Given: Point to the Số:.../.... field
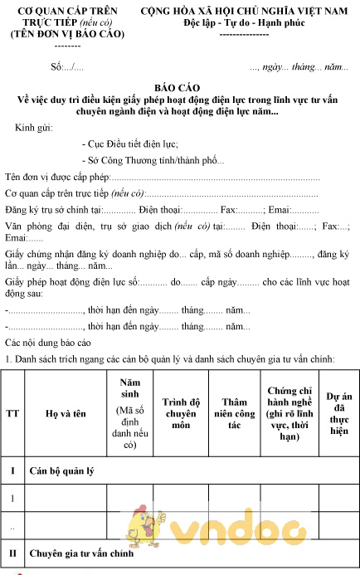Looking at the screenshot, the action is (66, 66).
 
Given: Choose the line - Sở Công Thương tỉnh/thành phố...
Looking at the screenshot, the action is (153, 160).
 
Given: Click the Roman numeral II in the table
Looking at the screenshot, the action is (13, 552).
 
